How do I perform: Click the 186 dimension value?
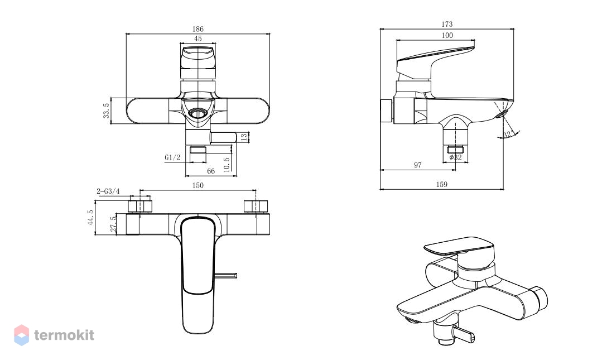(198, 29)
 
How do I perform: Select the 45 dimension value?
(198, 39)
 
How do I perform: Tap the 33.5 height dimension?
(107, 111)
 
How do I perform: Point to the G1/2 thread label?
(172, 157)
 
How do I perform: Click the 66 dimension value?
(211, 171)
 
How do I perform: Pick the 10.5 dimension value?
(227, 165)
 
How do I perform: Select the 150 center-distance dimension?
(198, 185)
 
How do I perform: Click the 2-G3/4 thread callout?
(108, 191)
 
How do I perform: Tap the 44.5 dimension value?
(90, 217)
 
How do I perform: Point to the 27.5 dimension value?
(113, 224)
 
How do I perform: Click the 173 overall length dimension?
(447, 24)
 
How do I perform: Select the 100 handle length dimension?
(447, 35)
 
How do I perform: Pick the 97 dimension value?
(418, 165)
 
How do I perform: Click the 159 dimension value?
(441, 184)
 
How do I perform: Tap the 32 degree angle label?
(508, 135)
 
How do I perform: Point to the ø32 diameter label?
(455, 157)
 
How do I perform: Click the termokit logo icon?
(22, 335)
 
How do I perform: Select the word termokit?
(64, 335)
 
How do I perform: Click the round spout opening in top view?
(198, 113)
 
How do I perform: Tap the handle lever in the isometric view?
(458, 246)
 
